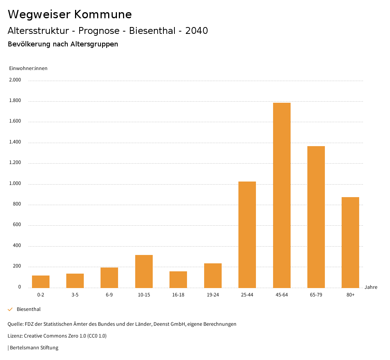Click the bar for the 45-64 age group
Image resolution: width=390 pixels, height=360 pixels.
point(281,195)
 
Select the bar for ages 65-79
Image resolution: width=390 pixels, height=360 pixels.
point(316,217)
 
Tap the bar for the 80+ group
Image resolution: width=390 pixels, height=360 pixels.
point(350,242)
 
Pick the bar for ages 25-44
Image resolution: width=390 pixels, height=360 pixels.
point(247,234)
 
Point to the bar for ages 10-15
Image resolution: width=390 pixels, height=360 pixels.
point(144,271)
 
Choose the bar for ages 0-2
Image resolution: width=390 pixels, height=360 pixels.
point(41,281)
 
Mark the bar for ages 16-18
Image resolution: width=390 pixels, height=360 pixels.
point(178,279)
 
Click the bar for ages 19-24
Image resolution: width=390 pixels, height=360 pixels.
point(213,275)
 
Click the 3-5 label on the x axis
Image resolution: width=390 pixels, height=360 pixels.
point(75,295)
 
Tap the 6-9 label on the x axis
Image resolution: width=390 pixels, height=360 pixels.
point(109,295)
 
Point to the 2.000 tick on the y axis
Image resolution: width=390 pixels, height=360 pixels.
point(15,80)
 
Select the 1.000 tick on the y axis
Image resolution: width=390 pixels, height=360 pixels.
point(15,184)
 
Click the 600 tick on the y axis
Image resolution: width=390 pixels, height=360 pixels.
point(17,225)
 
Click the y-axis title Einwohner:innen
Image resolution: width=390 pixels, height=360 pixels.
point(28,68)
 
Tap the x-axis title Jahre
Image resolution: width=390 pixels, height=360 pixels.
point(371,287)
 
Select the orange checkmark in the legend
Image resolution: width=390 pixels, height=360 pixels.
point(10,309)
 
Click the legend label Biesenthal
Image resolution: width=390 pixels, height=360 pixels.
point(29,309)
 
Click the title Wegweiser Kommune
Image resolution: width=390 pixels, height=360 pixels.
point(70,14)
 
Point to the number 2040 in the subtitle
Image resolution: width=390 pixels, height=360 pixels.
point(197,31)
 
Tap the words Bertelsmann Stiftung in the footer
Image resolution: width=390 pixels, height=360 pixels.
point(34,348)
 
